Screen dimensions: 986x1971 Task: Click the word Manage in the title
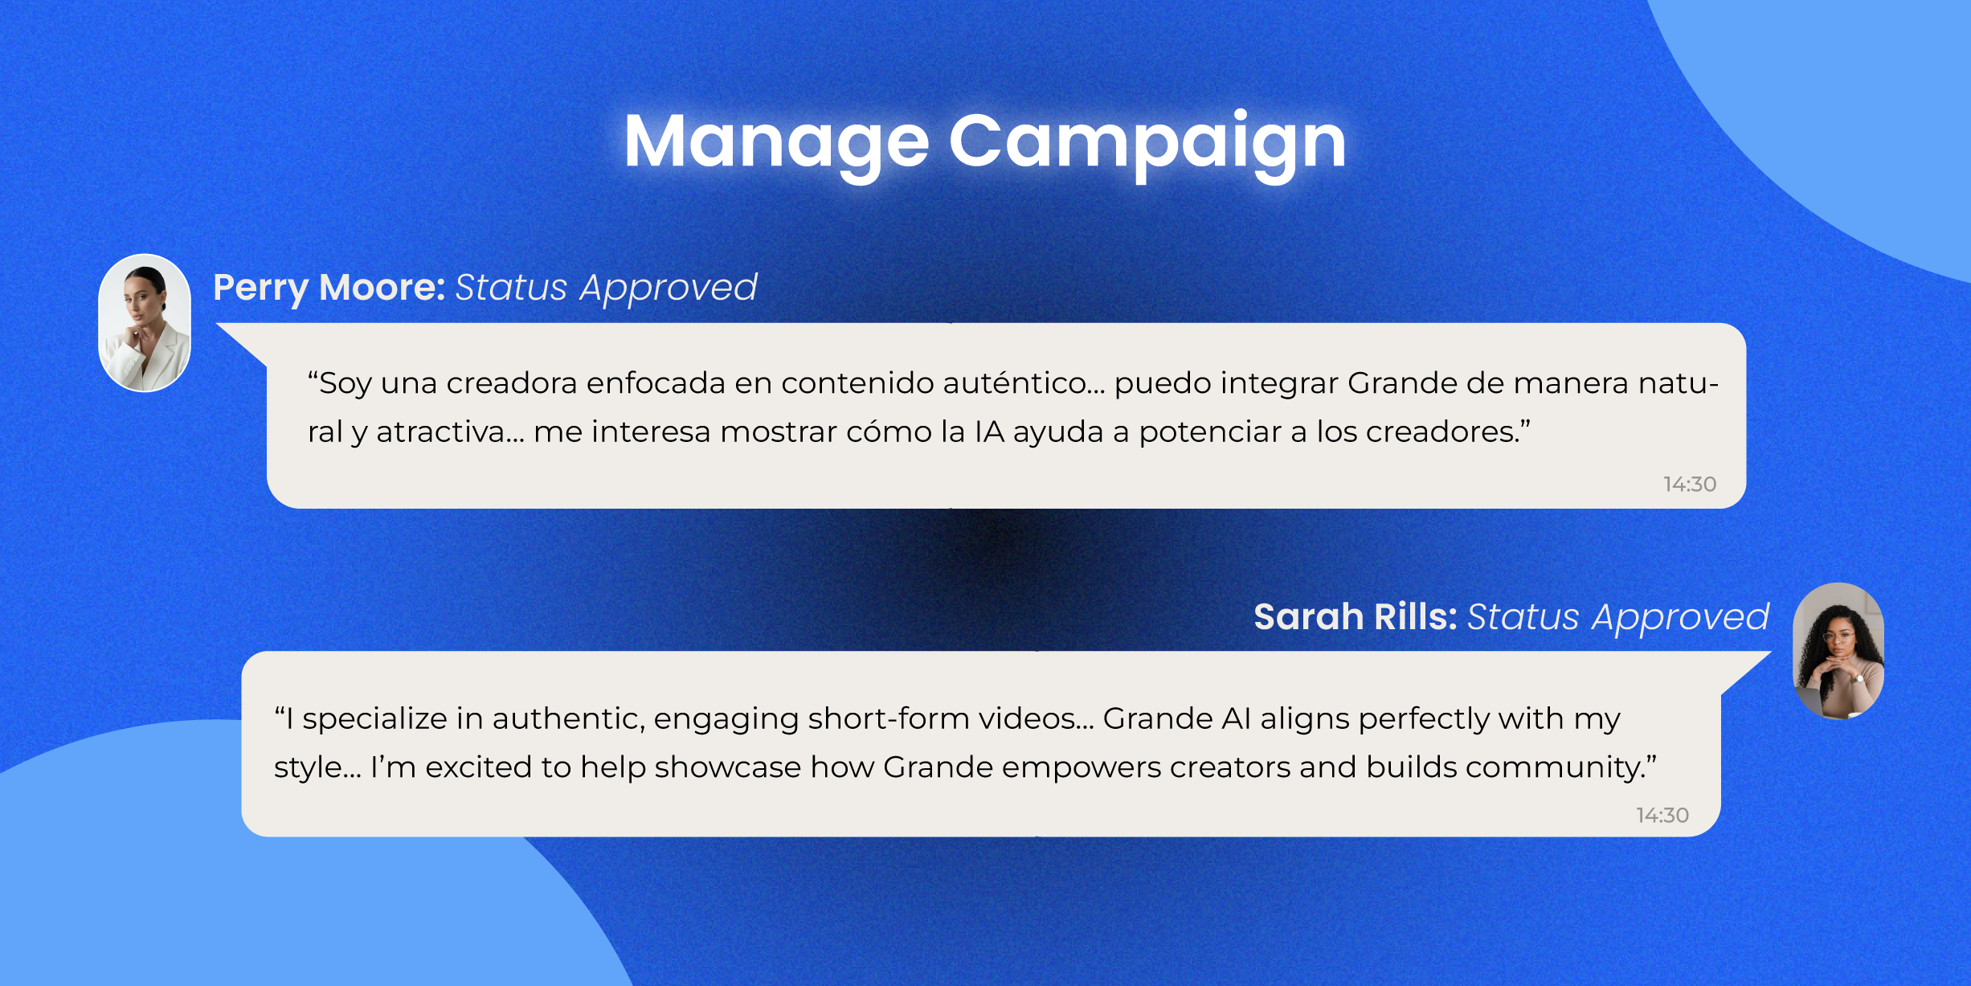776,142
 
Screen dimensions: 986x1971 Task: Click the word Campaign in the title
1147,142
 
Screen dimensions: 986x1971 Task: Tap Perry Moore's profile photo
145,323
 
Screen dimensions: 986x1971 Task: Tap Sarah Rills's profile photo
1838,651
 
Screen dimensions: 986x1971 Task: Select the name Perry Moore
329,288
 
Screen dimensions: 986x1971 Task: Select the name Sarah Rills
1355,617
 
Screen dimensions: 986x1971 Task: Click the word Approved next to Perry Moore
669,288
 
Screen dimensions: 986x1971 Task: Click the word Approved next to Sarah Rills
1681,617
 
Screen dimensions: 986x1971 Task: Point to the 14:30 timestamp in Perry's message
1690,484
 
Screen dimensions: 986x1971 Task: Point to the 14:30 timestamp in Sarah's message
1662,815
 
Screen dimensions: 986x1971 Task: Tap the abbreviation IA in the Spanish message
989,432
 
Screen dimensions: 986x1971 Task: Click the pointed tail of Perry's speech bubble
241,339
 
